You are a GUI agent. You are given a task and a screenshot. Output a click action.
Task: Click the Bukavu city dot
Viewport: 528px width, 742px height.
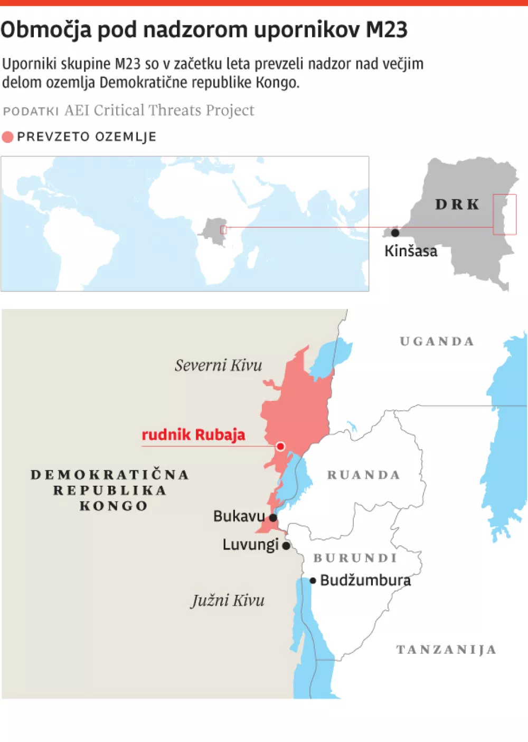pos(273,518)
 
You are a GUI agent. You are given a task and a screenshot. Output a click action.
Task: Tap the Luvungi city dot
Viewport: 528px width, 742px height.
pos(286,546)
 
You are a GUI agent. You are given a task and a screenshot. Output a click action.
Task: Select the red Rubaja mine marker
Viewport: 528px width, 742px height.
pos(280,446)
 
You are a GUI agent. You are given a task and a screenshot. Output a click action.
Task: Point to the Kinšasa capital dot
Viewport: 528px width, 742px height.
pos(395,233)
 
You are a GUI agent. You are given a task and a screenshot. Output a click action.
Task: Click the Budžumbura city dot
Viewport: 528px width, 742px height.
pos(313,581)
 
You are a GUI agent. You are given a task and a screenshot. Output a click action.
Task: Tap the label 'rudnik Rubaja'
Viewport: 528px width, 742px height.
pos(193,435)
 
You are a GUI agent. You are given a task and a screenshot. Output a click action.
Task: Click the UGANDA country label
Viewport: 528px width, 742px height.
pos(437,341)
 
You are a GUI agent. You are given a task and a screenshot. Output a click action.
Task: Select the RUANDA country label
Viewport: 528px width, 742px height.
pos(364,475)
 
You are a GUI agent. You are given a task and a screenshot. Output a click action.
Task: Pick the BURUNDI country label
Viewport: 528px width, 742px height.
pos(355,558)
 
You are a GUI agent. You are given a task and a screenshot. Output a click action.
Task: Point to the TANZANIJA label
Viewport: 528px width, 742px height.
pos(446,649)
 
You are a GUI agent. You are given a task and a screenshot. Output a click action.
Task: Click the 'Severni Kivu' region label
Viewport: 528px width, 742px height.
pos(218,365)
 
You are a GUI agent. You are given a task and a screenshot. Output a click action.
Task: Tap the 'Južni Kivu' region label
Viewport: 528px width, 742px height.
pos(228,600)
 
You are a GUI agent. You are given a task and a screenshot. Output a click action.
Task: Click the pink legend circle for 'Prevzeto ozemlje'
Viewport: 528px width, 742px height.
pos(7,137)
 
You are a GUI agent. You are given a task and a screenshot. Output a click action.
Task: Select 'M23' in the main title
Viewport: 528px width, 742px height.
pos(386,30)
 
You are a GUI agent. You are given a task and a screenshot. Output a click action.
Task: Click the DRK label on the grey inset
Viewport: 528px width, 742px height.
pos(457,204)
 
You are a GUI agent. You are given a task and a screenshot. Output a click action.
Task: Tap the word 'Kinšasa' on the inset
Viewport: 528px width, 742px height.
pos(411,251)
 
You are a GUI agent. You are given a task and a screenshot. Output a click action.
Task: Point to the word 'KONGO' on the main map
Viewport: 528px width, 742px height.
pos(114,506)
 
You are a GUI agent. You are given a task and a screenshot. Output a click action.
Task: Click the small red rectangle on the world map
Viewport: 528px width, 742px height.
pos(223,229)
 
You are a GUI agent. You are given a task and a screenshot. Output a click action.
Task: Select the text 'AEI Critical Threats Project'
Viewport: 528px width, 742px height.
pos(159,110)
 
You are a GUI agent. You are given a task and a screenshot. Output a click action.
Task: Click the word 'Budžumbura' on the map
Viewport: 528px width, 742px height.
pos(365,581)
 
